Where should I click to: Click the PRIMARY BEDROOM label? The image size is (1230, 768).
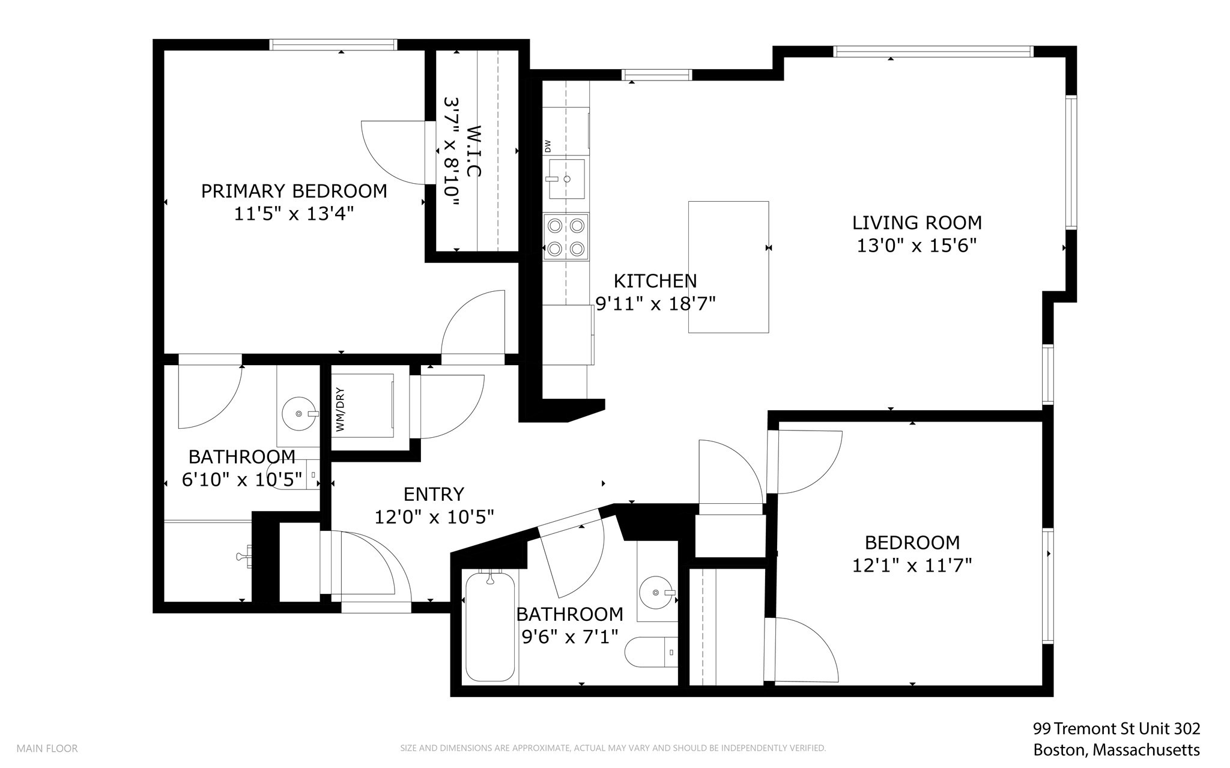click(x=294, y=191)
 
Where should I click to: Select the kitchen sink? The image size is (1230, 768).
click(x=566, y=179)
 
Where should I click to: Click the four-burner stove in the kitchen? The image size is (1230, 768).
click(x=566, y=237)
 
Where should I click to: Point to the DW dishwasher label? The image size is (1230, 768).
click(x=548, y=146)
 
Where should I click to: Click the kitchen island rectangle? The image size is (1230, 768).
click(x=728, y=267)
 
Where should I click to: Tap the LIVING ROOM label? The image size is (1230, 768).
click(x=916, y=223)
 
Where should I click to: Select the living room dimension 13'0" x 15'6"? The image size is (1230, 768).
click(x=916, y=246)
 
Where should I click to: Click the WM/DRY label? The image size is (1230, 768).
click(x=340, y=410)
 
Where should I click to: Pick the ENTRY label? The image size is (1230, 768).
click(x=434, y=494)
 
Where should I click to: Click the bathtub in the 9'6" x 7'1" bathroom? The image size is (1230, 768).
click(x=490, y=626)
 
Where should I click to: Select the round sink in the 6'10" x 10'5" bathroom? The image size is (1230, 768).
click(x=298, y=413)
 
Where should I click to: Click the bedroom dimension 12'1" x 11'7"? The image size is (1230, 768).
click(x=912, y=566)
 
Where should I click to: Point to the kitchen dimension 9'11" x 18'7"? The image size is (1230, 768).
click(x=655, y=304)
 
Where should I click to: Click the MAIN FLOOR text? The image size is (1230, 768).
click(x=47, y=749)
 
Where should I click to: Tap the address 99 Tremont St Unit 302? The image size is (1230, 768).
click(x=1116, y=729)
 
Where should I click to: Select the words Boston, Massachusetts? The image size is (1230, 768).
click(x=1116, y=750)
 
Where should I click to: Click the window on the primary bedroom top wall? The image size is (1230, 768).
click(x=333, y=44)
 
